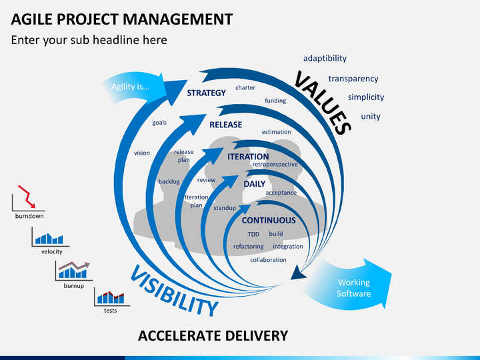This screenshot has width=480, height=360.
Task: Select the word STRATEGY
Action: click(x=206, y=93)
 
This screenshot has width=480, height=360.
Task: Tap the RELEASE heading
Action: click(x=225, y=125)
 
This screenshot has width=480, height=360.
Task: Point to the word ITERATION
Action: click(x=248, y=157)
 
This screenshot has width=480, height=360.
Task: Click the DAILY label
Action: click(x=254, y=184)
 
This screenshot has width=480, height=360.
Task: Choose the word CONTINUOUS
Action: click(x=268, y=221)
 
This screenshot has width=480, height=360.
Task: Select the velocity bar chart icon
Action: click(x=50, y=237)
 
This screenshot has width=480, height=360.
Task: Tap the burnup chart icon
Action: click(x=73, y=271)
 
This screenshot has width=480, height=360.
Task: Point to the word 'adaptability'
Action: click(x=325, y=59)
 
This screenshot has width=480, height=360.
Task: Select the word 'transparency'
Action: click(x=353, y=79)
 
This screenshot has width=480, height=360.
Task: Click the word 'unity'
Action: click(x=370, y=117)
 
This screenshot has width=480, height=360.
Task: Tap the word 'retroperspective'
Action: click(x=275, y=164)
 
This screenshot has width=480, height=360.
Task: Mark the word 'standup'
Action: click(x=224, y=208)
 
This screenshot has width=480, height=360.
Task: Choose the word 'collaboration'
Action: click(x=268, y=260)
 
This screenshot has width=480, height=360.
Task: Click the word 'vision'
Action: click(x=142, y=153)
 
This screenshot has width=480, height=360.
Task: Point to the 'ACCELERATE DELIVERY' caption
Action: click(x=213, y=335)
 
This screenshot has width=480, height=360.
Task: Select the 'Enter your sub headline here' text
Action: click(x=89, y=40)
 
